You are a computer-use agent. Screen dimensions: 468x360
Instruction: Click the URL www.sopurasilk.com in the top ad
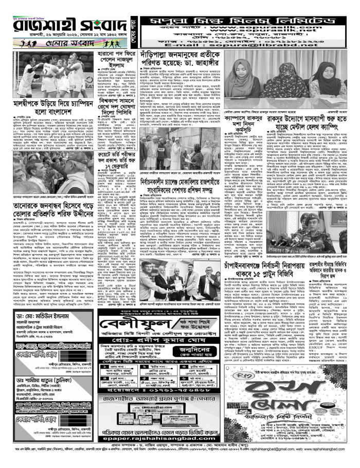click(262, 24)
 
